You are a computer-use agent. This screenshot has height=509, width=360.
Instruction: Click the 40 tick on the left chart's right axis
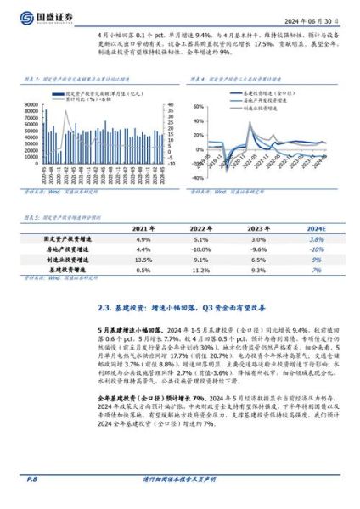[170, 105]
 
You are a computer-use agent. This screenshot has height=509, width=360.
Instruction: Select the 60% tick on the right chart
[200, 107]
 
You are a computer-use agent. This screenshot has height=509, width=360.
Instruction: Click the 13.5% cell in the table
[143, 260]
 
